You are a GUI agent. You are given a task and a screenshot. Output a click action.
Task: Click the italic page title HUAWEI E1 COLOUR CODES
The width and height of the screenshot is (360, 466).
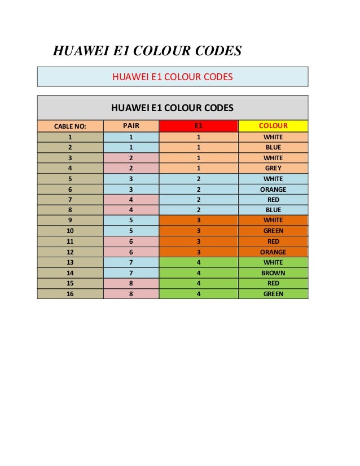click(147, 51)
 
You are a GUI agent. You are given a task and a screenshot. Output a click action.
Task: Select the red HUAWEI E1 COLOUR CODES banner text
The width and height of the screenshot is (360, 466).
click(172, 77)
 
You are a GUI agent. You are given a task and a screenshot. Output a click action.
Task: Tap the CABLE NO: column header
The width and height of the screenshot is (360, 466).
click(70, 126)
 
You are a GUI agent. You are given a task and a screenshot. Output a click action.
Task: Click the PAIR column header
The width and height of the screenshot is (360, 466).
click(131, 126)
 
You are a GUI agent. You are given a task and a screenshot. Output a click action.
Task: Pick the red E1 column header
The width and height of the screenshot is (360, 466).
click(199, 126)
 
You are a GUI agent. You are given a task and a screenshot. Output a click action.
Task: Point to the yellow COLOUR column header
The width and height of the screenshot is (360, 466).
click(273, 126)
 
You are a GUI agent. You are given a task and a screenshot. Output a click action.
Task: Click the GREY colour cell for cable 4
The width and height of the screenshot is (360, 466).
click(273, 168)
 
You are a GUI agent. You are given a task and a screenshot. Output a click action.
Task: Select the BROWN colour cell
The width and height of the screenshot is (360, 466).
click(273, 273)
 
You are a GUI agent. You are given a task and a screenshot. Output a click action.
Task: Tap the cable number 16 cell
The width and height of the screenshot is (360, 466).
click(70, 294)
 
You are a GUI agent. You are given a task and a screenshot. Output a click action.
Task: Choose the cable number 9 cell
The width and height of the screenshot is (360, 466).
click(70, 220)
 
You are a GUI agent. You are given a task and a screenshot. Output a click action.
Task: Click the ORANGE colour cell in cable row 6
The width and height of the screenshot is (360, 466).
click(273, 190)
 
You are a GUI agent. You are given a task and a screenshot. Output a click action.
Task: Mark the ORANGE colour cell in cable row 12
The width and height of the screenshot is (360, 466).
click(273, 252)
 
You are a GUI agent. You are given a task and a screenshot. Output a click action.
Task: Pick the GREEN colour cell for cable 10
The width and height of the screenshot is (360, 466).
click(273, 231)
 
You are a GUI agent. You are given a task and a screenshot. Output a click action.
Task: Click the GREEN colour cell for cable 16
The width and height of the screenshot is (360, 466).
click(273, 294)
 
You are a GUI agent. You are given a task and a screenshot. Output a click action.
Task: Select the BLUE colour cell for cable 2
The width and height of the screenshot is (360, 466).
click(273, 147)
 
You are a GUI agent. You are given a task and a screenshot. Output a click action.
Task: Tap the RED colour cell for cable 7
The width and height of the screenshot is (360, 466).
click(273, 200)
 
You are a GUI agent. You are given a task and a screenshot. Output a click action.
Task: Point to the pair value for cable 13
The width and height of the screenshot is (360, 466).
click(131, 262)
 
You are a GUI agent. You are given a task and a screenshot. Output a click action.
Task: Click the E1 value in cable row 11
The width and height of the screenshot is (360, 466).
click(199, 241)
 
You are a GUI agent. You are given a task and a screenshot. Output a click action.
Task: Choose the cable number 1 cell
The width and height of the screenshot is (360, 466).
click(70, 137)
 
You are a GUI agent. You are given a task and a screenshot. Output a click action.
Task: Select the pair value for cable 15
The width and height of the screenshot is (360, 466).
click(131, 283)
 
